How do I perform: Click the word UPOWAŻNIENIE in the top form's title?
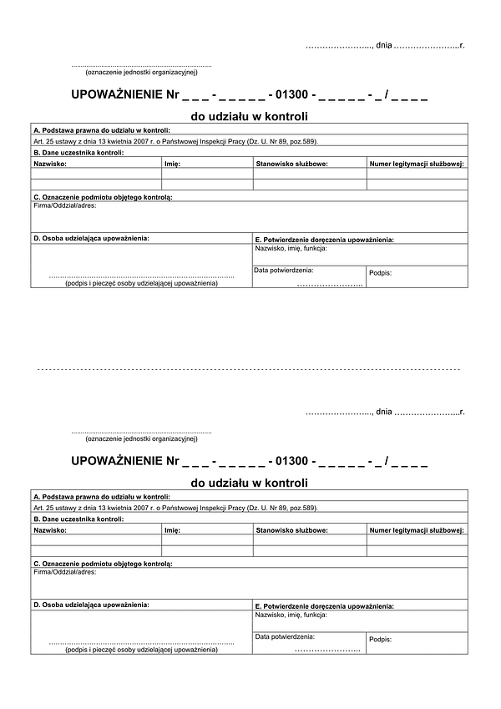click(x=118, y=95)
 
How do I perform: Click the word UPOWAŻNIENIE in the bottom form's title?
click(x=118, y=461)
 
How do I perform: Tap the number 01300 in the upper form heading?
click(x=291, y=95)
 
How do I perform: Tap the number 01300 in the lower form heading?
click(x=291, y=461)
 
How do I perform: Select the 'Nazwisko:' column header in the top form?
click(x=50, y=164)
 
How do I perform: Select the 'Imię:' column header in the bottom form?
click(x=174, y=529)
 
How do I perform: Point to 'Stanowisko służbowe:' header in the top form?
click(x=291, y=164)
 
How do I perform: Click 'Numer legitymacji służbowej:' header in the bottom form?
click(x=417, y=529)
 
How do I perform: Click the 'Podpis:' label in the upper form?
click(x=380, y=273)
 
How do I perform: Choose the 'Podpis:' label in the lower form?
click(x=380, y=639)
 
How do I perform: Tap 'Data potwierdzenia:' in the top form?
click(x=284, y=270)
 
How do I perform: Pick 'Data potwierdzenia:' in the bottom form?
click(x=284, y=636)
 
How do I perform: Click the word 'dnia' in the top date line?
click(x=384, y=44)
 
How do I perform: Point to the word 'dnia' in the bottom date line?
click(x=384, y=411)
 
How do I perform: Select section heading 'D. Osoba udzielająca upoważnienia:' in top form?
click(x=92, y=238)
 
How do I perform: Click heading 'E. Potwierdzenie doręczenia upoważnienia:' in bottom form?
click(x=323, y=605)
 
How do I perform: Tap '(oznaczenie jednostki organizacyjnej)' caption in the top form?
click(x=141, y=72)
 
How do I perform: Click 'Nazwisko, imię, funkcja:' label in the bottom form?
click(x=291, y=614)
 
